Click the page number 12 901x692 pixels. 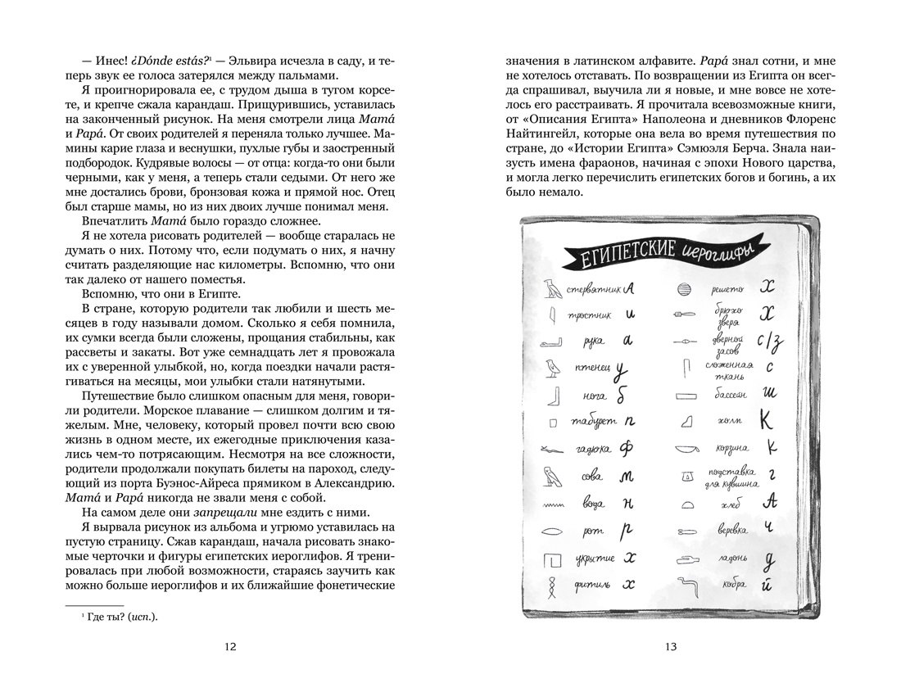230,647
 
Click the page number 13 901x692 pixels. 671,647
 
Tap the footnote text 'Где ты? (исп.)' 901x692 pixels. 120,617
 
